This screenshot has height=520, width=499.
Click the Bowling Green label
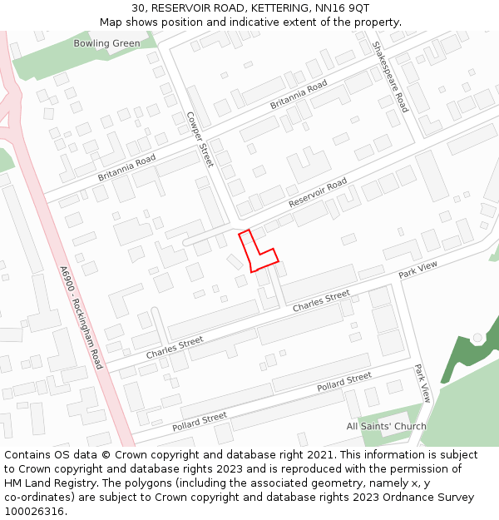point(106,43)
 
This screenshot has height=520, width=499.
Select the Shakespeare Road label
point(390,77)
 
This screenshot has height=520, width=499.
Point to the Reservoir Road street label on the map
point(318,194)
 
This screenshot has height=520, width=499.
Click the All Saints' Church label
point(386,427)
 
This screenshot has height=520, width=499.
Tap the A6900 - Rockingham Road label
point(80,318)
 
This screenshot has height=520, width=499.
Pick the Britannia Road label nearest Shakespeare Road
point(299,95)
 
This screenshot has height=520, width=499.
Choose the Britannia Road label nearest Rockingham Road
point(126,168)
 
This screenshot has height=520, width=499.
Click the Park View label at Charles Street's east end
point(417,270)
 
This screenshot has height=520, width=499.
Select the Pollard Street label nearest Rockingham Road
point(200,421)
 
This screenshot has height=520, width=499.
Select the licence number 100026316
point(35,512)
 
